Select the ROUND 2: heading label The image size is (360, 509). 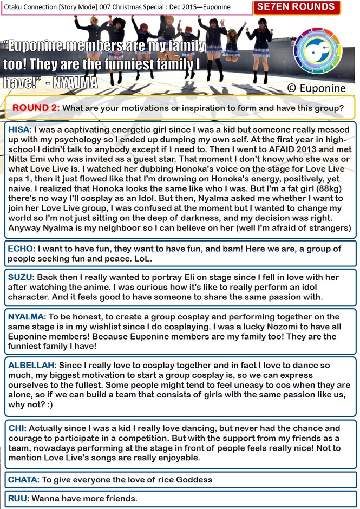tap(36, 108)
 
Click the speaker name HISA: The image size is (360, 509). tap(21, 130)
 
